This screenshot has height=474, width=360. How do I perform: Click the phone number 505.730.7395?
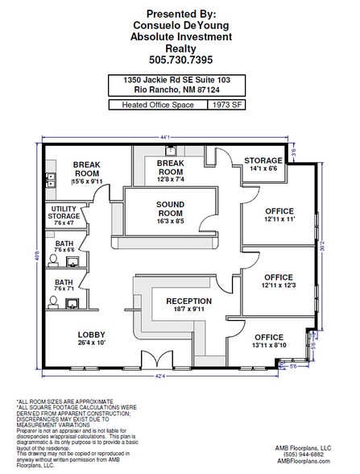coord(180,60)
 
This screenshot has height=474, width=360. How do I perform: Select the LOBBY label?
coord(92,339)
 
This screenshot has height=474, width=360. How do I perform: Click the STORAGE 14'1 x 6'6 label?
coord(263,165)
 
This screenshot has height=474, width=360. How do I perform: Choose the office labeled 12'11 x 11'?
coord(272,213)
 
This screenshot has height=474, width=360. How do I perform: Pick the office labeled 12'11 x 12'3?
coord(272,281)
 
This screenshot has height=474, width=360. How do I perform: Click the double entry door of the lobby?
coord(152,360)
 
